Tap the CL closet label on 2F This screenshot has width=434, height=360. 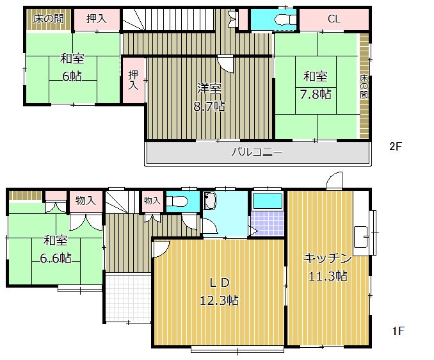(334, 19)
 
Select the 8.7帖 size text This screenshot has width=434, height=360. (209, 106)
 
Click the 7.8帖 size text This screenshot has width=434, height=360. (316, 94)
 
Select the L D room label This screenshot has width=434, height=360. (217, 282)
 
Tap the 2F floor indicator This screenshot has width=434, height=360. (396, 146)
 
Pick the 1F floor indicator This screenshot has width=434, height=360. (398, 331)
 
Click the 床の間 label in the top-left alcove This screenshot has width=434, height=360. (49, 18)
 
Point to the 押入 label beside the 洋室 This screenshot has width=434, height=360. (133, 79)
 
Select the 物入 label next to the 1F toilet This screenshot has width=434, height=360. (152, 200)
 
